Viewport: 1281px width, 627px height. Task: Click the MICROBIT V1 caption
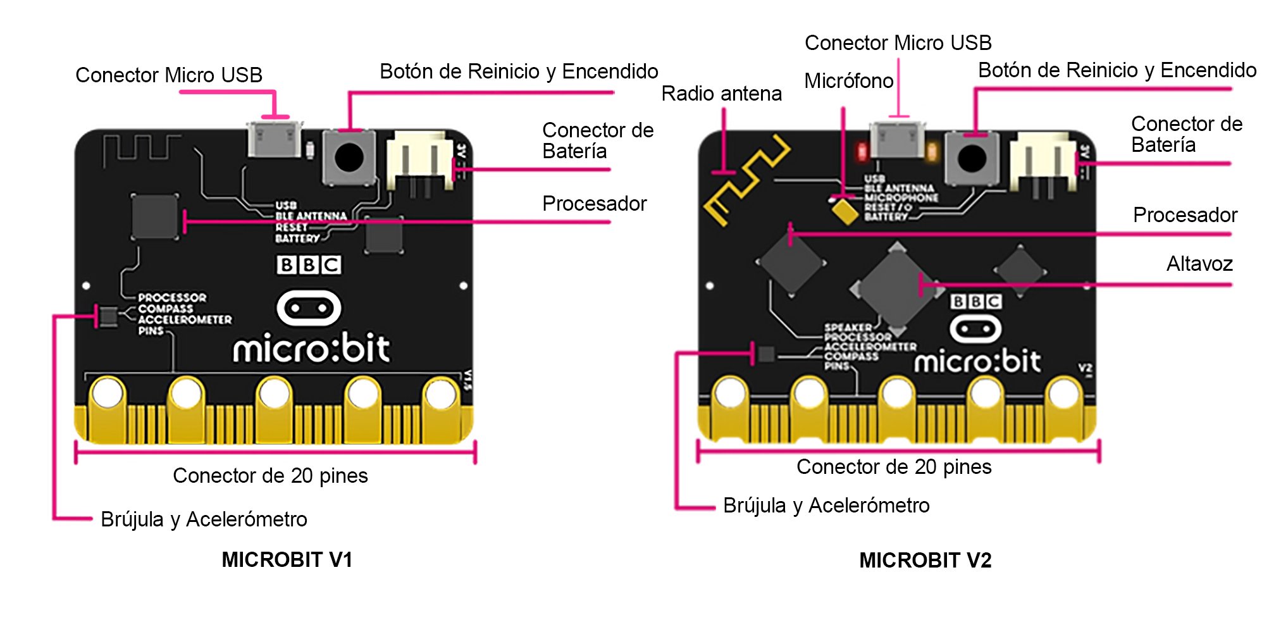287,560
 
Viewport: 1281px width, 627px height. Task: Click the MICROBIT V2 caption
925,561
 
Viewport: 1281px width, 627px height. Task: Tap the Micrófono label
848,81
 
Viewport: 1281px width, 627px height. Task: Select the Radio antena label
721,94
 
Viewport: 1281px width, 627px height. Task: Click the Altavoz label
1199,264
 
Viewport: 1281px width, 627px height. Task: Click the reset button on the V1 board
349,157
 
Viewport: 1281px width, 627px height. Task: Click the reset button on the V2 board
972,158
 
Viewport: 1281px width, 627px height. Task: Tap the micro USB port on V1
274,139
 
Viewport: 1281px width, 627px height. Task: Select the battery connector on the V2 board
1042,161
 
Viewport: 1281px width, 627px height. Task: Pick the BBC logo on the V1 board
309,264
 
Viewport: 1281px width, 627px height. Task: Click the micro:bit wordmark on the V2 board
977,362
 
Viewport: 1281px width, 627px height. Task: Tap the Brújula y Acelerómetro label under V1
204,519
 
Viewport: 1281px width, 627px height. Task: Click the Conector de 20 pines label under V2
893,467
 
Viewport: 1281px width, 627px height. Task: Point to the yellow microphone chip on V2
845,211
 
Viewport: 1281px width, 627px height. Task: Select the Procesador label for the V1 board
594,204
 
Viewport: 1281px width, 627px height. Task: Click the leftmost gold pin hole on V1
107,394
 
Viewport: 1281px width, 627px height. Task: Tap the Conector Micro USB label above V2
898,43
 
